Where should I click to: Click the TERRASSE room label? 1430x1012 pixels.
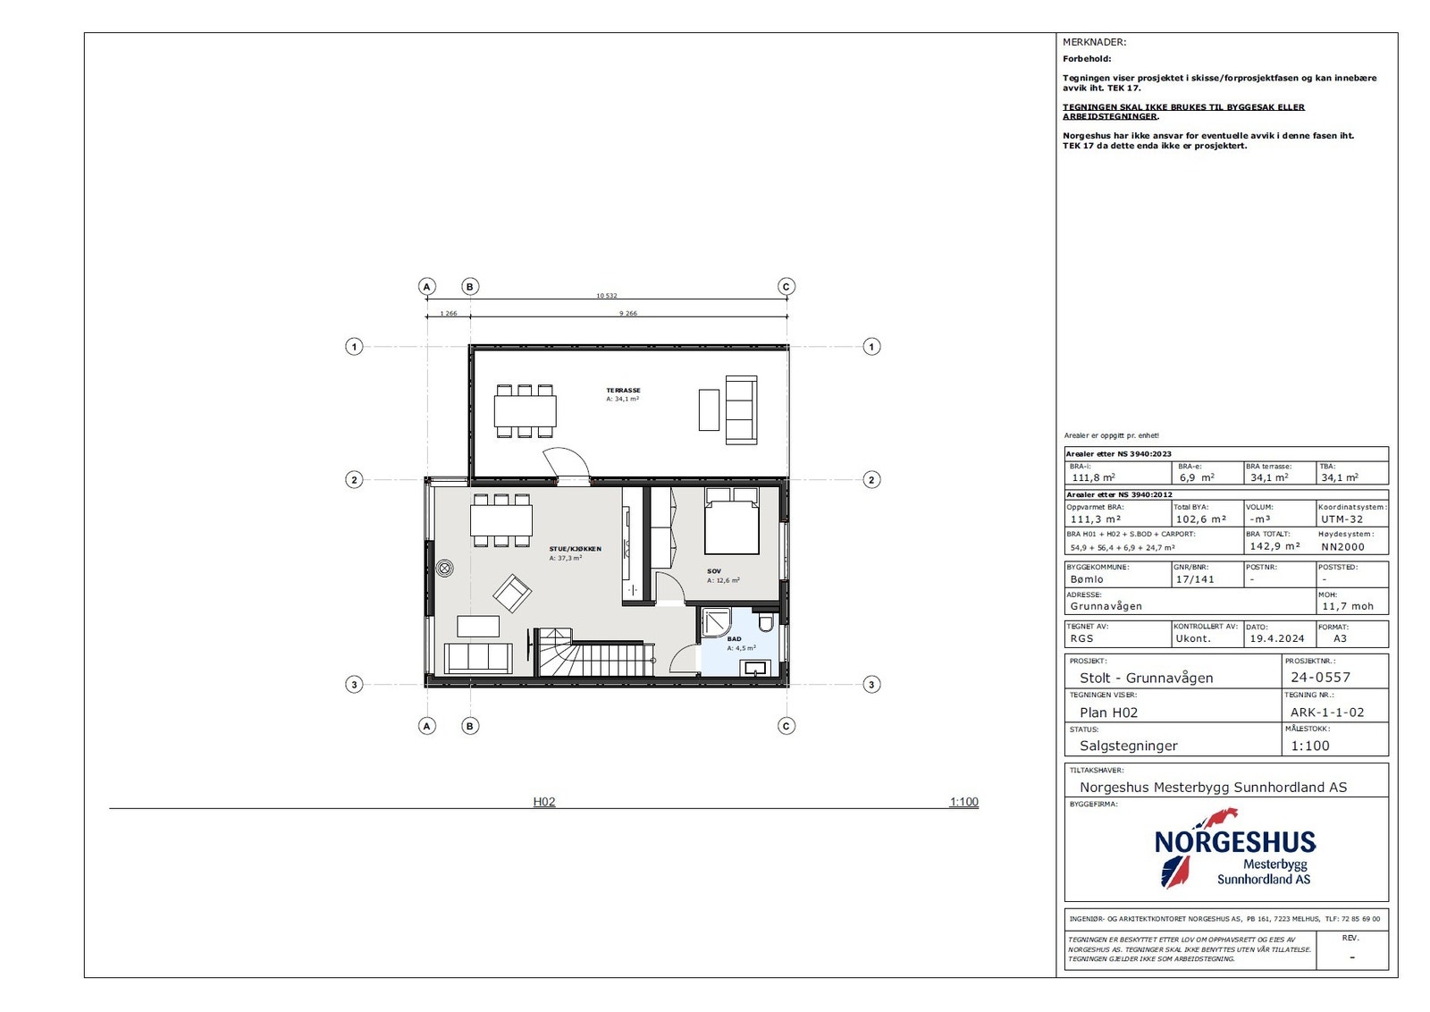623,391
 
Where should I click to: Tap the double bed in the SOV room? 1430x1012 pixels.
731,522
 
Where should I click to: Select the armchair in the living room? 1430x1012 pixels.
512,593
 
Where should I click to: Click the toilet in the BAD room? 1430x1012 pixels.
766,622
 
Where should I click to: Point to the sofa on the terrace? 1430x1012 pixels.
741,409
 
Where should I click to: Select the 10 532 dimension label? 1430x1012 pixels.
606,296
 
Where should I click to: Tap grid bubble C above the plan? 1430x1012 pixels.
786,287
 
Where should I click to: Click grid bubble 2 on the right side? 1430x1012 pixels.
871,480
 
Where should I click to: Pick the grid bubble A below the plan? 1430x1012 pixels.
427,726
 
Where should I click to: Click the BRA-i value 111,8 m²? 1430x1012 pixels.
1093,477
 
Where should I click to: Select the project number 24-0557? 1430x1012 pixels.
1320,678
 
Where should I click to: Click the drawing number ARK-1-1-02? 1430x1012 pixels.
1327,713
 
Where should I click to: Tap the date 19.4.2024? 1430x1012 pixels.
1276,638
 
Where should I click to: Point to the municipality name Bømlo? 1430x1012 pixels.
1087,579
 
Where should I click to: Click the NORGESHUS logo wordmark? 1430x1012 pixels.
1234,842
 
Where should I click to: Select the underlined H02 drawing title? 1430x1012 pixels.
544,802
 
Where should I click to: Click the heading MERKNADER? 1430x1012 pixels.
1094,42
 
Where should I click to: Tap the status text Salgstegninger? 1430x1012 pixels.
1128,746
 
